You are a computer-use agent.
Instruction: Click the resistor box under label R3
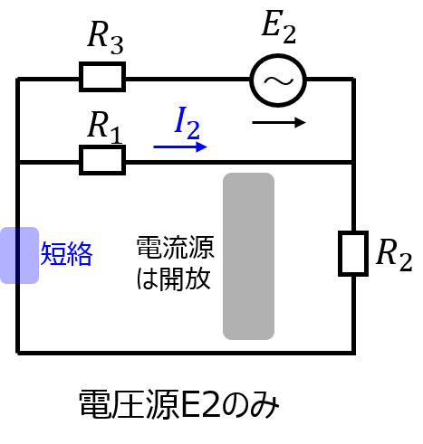[x=102, y=77]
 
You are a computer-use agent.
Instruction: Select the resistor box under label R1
[x=102, y=160]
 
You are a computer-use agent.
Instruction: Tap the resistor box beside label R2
[x=353, y=253]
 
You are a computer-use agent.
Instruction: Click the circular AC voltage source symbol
[x=278, y=80]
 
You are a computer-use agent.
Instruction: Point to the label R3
[x=105, y=38]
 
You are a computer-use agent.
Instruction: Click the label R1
[x=105, y=128]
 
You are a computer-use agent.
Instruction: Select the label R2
[x=394, y=255]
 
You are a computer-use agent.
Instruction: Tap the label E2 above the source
[x=279, y=27]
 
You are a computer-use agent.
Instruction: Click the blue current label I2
[x=187, y=123]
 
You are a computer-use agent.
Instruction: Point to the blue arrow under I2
[x=180, y=147]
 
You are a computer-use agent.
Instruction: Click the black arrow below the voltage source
[x=279, y=122]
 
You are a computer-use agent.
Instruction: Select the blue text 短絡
[x=66, y=254]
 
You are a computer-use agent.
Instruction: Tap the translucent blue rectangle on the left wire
[x=19, y=255]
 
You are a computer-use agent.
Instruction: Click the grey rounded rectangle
[x=248, y=256]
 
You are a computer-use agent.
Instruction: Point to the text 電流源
[x=176, y=248]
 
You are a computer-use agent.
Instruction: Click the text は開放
[x=173, y=279]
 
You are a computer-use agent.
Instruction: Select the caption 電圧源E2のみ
[x=178, y=404]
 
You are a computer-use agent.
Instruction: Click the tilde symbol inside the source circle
[x=278, y=80]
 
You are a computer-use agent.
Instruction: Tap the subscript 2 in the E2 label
[x=290, y=34]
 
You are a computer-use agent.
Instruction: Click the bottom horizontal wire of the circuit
[x=186, y=352]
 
